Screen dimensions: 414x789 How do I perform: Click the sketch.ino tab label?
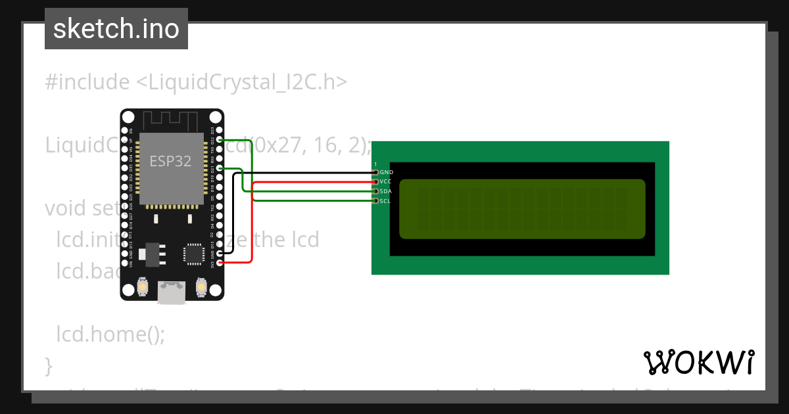[x=116, y=29]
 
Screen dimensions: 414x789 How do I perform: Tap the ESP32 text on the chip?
[x=170, y=161]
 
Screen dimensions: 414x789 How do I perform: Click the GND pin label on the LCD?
[x=387, y=172]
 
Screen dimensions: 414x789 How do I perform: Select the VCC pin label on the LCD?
[x=386, y=181]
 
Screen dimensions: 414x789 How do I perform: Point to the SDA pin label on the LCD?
[x=386, y=191]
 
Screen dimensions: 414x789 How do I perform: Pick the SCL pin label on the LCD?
[x=385, y=201]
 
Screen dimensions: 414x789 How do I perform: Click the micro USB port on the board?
[x=171, y=293]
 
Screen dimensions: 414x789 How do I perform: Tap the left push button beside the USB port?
[x=142, y=288]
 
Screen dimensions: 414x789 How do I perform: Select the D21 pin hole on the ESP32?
[x=219, y=168]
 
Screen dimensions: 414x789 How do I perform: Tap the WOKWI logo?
[x=698, y=361]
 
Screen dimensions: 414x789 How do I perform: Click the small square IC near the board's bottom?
[x=195, y=254]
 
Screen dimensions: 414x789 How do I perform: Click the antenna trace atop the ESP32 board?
[x=171, y=120]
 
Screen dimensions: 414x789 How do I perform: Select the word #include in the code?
[x=87, y=82]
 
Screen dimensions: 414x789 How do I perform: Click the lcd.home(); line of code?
[x=110, y=334]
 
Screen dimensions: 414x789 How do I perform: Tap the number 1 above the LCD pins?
[x=375, y=164]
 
